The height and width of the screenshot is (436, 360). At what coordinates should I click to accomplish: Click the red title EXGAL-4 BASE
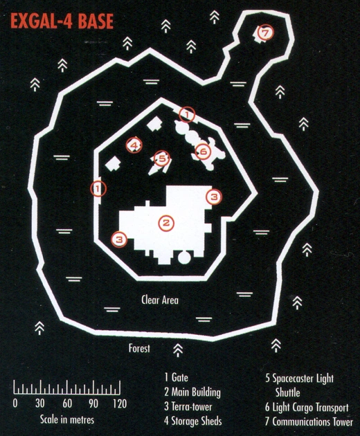click(x=62, y=21)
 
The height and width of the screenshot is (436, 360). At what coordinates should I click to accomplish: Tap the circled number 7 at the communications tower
click(x=265, y=33)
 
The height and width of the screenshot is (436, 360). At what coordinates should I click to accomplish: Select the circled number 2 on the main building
click(x=166, y=223)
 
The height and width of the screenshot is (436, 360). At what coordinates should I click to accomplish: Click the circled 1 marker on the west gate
click(x=98, y=189)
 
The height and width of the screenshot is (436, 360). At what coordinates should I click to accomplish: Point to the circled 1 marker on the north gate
click(x=187, y=114)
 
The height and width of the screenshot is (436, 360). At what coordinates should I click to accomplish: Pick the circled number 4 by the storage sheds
click(x=134, y=145)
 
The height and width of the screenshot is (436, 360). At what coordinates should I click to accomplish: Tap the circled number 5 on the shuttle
click(x=161, y=158)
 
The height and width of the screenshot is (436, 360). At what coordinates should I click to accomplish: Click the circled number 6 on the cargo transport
click(x=203, y=152)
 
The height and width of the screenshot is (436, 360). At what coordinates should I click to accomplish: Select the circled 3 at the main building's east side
click(x=214, y=197)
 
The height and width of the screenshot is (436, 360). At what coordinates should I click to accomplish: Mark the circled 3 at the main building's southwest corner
click(x=119, y=239)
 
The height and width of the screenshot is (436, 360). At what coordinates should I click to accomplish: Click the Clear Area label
click(x=160, y=300)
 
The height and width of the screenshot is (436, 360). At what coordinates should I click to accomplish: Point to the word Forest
click(x=139, y=348)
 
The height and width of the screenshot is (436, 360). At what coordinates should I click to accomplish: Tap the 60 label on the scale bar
click(x=67, y=403)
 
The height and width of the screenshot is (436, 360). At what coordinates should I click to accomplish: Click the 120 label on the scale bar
click(x=120, y=403)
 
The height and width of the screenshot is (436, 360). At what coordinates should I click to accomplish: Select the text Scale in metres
click(x=67, y=419)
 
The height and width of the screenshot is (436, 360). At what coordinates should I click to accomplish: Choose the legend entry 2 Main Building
click(x=192, y=392)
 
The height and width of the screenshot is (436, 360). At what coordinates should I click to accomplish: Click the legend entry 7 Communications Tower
click(x=309, y=421)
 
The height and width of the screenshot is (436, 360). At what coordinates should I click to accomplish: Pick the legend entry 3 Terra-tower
click(x=188, y=406)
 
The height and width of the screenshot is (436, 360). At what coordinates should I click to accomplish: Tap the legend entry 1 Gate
click(x=176, y=377)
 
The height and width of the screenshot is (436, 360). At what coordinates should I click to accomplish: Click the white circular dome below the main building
click(x=184, y=257)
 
